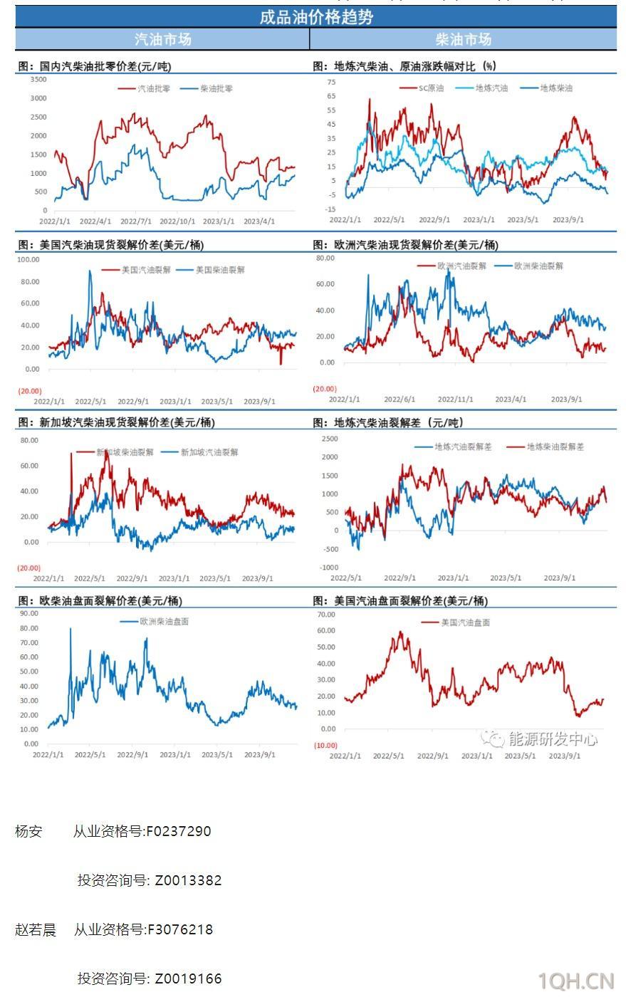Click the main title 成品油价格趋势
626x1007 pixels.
coord(315,17)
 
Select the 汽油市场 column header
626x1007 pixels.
coord(162,39)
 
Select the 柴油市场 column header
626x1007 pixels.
coord(464,39)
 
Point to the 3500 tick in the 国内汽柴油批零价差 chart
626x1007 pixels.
coord(38,80)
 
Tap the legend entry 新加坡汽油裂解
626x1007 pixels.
coord(209,452)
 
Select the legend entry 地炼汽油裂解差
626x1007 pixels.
coord(463,447)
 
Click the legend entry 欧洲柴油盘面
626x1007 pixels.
coord(165,622)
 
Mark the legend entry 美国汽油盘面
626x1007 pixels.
coord(465,622)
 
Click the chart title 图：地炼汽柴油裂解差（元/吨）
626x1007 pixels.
coord(388,423)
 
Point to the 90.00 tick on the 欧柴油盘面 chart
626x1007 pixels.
coord(29,613)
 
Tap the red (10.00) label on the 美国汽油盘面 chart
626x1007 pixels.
coord(325,746)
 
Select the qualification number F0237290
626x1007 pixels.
coord(178,831)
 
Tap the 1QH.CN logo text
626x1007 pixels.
coord(575,981)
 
